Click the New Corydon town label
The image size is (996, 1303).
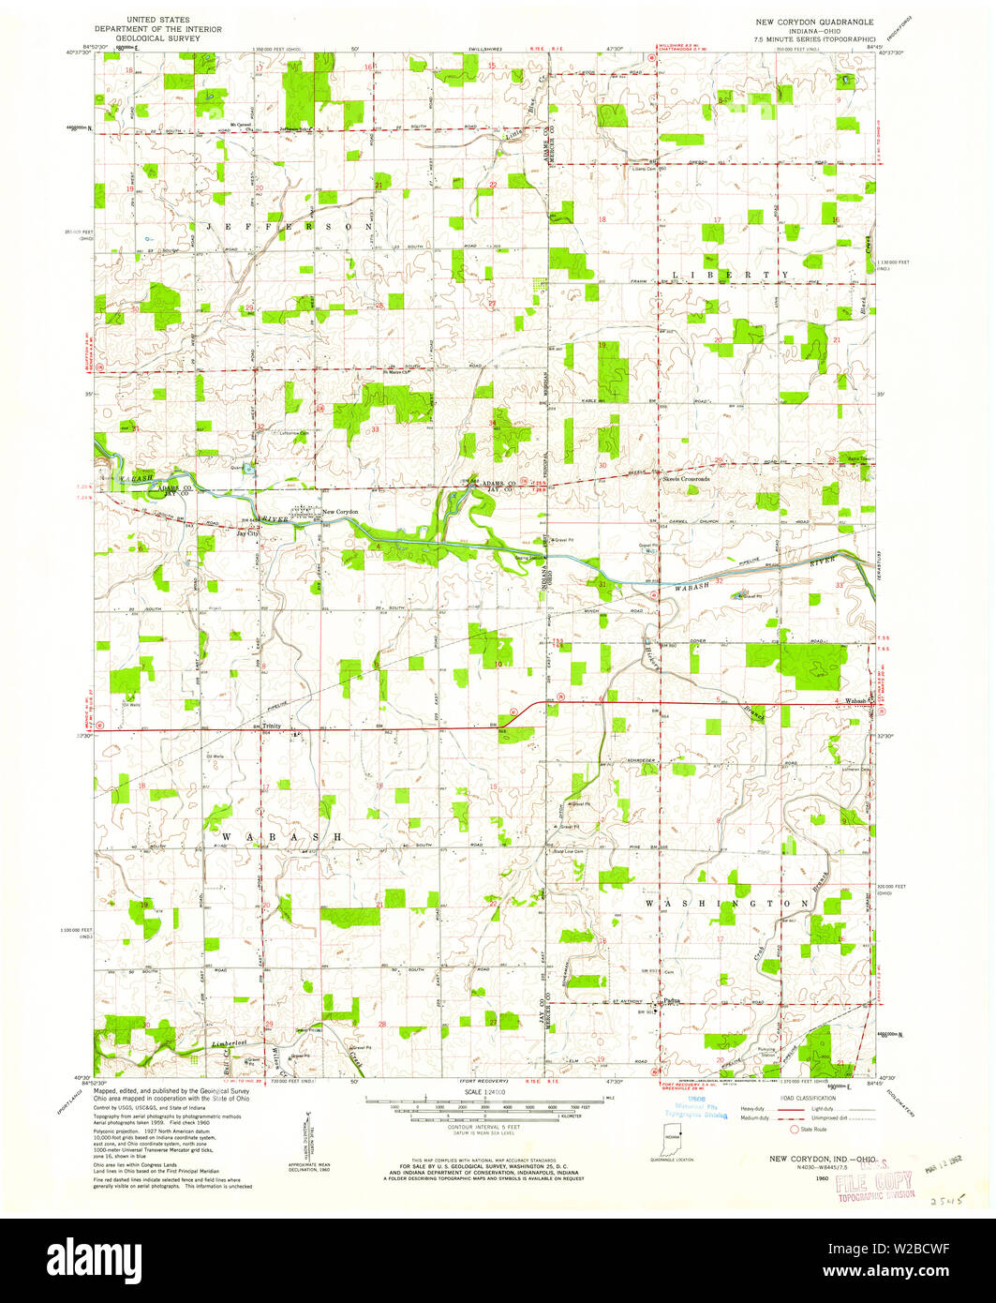341,511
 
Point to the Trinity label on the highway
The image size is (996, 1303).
272,726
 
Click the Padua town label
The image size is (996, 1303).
671,1002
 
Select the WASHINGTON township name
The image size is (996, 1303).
726,903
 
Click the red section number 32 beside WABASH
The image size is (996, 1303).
720,581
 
